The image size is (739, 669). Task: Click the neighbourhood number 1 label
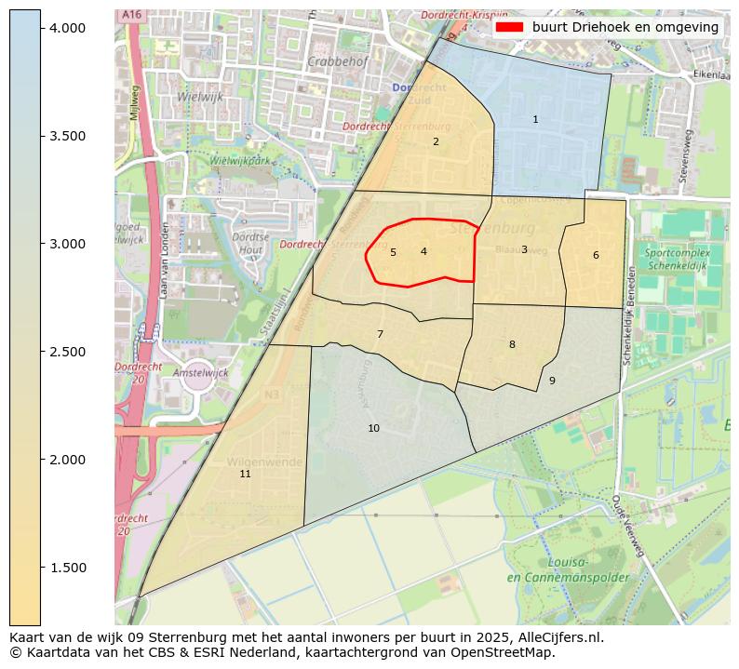tap(535, 120)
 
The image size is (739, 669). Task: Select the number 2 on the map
tap(436, 142)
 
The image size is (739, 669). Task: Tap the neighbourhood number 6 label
tap(596, 256)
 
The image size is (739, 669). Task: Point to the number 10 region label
tap(373, 429)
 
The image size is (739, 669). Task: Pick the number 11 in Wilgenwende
tap(245, 475)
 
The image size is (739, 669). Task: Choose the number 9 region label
tap(552, 381)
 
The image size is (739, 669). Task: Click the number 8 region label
tap(512, 345)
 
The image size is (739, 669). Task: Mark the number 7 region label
tap(380, 335)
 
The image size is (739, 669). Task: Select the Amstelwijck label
tap(200, 372)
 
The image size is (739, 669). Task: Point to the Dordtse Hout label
tap(250, 244)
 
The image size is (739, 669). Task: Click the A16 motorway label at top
tap(131, 15)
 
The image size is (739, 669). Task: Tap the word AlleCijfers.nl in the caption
tap(558, 638)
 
